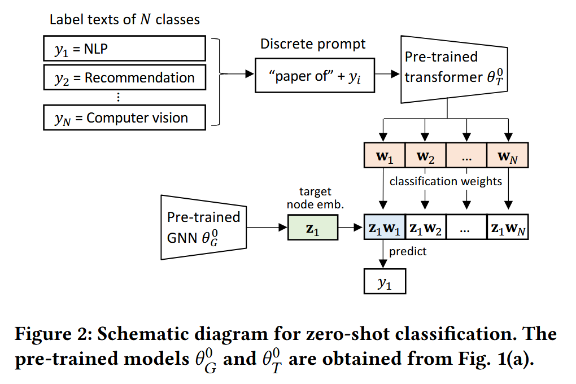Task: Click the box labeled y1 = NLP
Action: click(x=124, y=49)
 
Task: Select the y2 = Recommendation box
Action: click(x=124, y=77)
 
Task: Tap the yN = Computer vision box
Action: click(x=124, y=118)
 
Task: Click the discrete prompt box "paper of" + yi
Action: click(x=315, y=77)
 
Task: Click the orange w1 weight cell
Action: click(x=385, y=155)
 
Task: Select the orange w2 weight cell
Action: click(x=426, y=155)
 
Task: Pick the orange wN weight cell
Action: click(x=508, y=155)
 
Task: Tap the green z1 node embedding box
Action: click(x=312, y=229)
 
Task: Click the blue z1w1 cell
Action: click(x=385, y=229)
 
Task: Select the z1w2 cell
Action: click(x=426, y=229)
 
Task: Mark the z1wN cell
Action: click(x=508, y=229)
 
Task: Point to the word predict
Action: click(x=408, y=252)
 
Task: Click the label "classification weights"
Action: click(x=446, y=181)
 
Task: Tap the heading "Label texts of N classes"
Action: click(x=125, y=20)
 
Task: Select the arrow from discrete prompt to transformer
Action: click(x=388, y=75)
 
